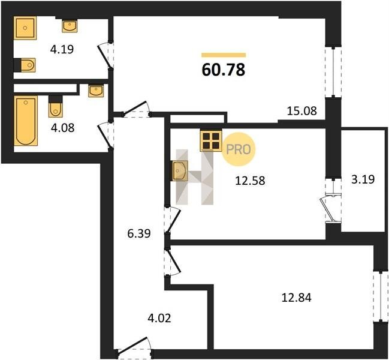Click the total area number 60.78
[x=224, y=70]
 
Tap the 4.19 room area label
[x=62, y=49]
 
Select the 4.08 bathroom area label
[x=62, y=128]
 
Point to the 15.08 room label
[x=301, y=111]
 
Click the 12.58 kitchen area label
[x=250, y=181]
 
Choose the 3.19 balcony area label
[x=363, y=179]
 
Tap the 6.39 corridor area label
[x=139, y=233]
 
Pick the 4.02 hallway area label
[x=159, y=318]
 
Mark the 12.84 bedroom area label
[x=296, y=297]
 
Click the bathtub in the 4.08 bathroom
[x=26, y=121]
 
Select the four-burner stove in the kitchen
[x=211, y=141]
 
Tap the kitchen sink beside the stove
[x=179, y=170]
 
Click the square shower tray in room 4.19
[x=25, y=28]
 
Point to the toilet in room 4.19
[x=25, y=65]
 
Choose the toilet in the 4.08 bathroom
[x=56, y=107]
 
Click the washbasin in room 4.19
[x=70, y=26]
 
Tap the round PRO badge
[x=238, y=149]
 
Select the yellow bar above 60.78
[x=224, y=55]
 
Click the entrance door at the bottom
[x=134, y=347]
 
